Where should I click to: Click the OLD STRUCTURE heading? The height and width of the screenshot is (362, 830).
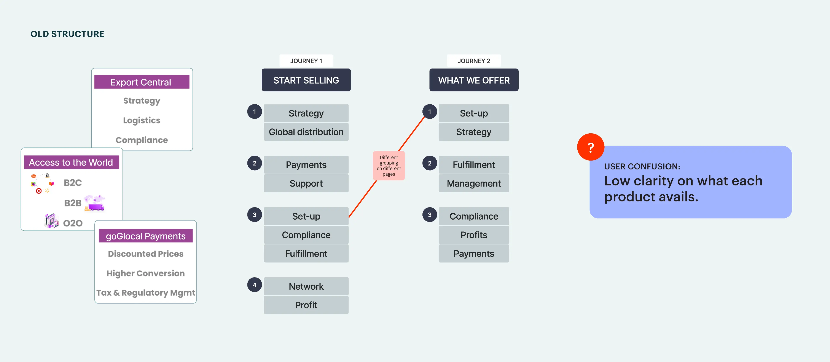point(67,34)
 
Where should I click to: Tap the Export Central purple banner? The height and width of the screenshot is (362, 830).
point(142,82)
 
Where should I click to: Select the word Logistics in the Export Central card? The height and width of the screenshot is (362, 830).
point(142,120)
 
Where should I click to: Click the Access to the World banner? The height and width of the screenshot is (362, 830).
point(71,162)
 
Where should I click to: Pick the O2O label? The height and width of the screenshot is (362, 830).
point(73,223)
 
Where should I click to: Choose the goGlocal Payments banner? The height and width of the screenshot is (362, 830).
point(146,236)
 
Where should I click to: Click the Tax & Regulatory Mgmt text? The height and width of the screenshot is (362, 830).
point(146,293)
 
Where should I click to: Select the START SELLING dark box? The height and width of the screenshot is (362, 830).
point(306,80)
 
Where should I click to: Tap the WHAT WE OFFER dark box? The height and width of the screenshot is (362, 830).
point(474,80)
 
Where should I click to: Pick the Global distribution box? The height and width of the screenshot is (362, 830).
point(306,132)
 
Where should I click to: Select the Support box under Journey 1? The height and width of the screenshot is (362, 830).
point(306,183)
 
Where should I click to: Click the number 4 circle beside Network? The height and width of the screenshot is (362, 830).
point(255,285)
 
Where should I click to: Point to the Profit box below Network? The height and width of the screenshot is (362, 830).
point(306,305)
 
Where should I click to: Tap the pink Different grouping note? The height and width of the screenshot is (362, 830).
point(389,166)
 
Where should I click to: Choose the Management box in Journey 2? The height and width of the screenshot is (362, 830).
point(474,183)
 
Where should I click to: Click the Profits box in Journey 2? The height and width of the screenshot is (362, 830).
point(474,235)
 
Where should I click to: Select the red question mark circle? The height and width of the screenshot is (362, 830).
point(591,147)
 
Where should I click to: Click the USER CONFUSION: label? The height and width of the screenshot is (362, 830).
point(642,166)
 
